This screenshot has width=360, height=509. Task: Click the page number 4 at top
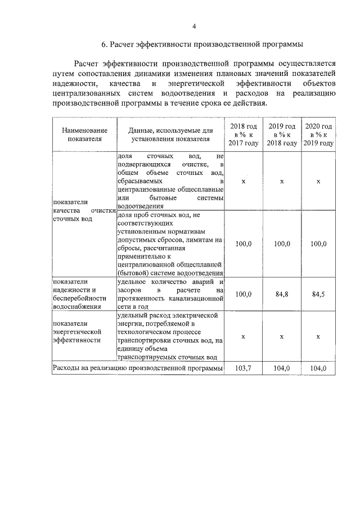pyautogui.click(x=194, y=26)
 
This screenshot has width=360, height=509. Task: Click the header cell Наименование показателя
pyautogui.click(x=84, y=135)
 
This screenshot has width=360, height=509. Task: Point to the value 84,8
pyautogui.click(x=282, y=294)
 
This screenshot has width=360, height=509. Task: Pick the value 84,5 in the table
pyautogui.click(x=318, y=294)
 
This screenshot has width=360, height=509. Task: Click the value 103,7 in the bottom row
pyautogui.click(x=243, y=368)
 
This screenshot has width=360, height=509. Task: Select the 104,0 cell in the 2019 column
pyautogui.click(x=282, y=368)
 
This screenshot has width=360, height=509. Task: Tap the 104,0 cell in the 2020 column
pyautogui.click(x=318, y=368)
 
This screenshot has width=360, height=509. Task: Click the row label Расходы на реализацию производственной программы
pyautogui.click(x=138, y=368)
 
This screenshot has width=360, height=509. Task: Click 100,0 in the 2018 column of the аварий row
pyautogui.click(x=243, y=294)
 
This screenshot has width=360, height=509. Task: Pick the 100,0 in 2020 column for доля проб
pyautogui.click(x=318, y=244)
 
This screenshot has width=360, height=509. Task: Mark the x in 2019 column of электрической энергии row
pyautogui.click(x=282, y=336)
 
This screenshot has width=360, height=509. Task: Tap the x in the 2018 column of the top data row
pyautogui.click(x=243, y=182)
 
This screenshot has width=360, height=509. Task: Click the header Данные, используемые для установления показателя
pyautogui.click(x=170, y=135)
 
